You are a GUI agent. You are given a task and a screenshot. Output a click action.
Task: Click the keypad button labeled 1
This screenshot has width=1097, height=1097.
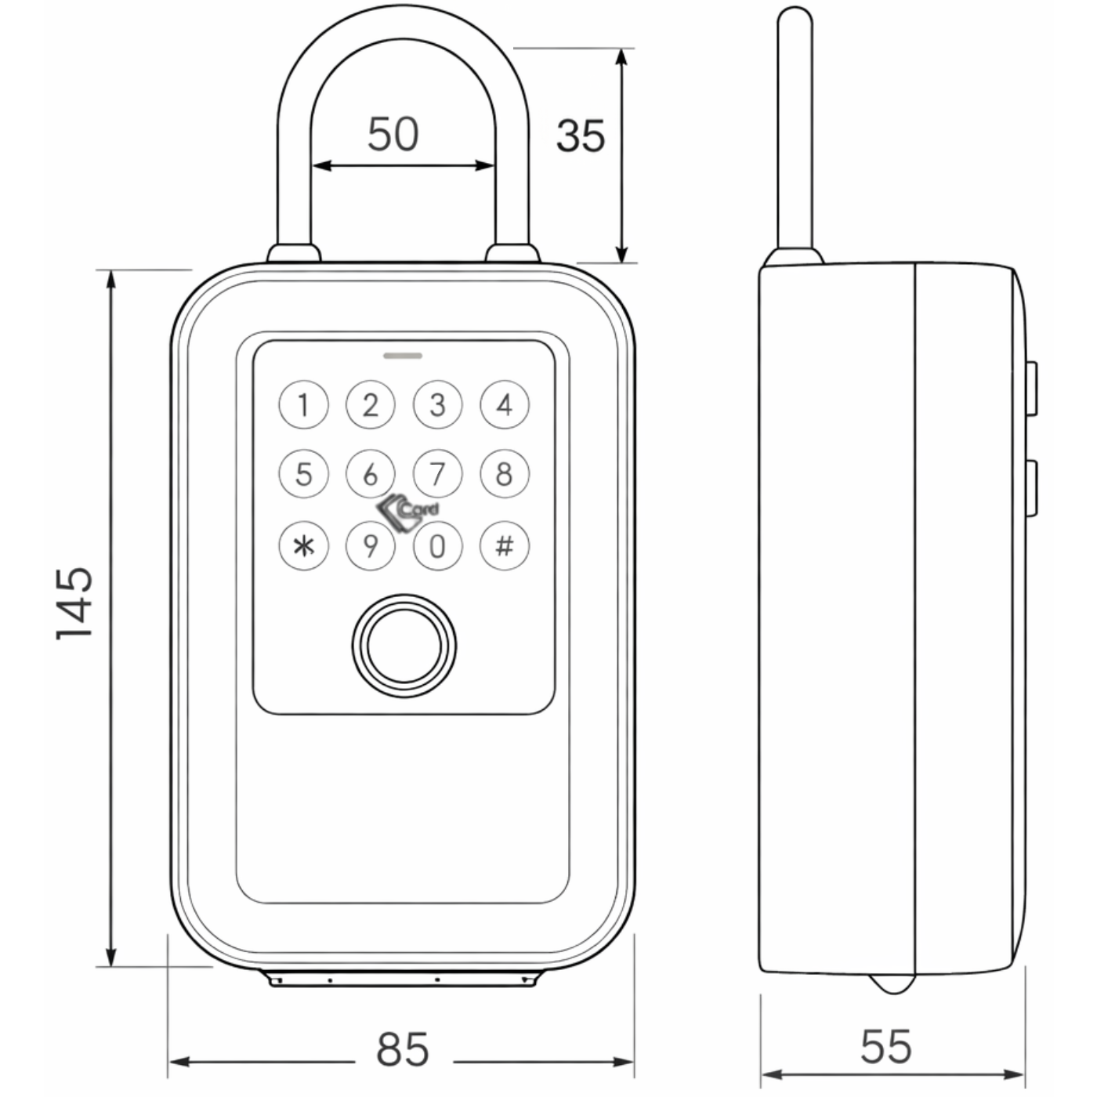pos(303,405)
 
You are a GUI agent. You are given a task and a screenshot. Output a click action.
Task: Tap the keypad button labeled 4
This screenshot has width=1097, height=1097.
pos(505,405)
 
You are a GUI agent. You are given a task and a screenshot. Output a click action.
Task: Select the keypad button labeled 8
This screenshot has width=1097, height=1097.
pos(505,473)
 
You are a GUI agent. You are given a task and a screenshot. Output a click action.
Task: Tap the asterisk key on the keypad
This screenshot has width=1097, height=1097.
pos(303,546)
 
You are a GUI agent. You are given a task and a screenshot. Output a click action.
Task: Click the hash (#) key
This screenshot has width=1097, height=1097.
pos(505,546)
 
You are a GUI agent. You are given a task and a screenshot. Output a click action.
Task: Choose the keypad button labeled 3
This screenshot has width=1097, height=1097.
pos(437,405)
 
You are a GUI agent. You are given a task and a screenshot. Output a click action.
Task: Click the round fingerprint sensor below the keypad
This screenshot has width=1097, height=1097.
pos(404,646)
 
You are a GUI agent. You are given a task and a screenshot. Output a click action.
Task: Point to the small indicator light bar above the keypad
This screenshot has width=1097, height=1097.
pos(403,356)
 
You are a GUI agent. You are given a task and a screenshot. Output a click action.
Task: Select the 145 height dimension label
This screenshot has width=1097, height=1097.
pos(74,603)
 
